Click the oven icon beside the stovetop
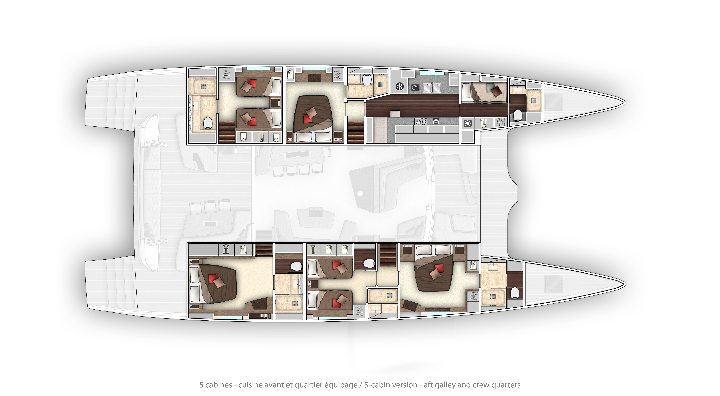[x=436, y=121]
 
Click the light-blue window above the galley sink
[x=432, y=73]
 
